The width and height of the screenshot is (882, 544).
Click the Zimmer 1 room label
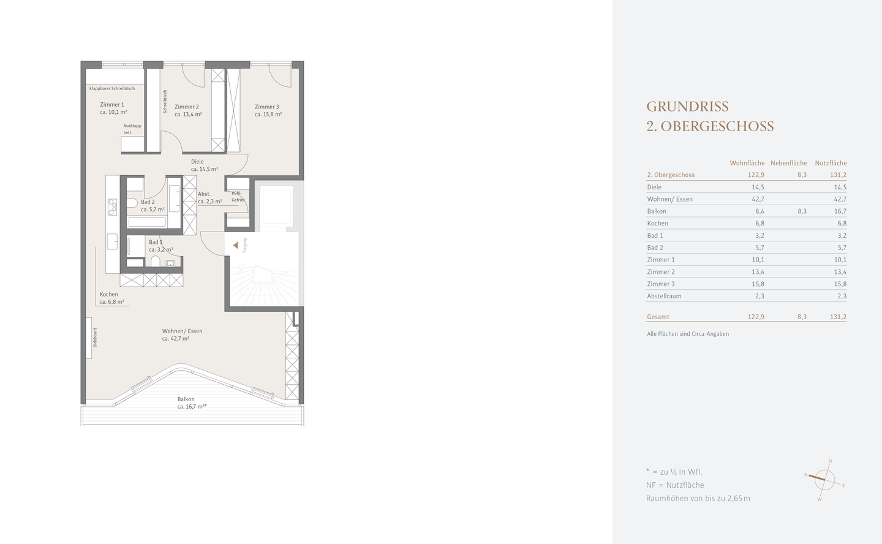coord(112,105)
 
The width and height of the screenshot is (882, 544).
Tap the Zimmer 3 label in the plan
coord(267,107)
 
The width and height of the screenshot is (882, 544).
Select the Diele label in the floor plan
coord(197,162)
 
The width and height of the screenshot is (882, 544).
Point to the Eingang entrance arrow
coord(235,245)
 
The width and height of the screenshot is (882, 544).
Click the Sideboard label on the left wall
coord(94,338)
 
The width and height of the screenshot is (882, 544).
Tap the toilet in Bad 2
coord(132,202)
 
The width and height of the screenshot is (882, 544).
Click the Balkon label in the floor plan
coord(186,399)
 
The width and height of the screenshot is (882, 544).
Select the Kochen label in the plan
coord(109,295)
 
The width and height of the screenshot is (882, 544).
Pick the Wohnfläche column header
coord(747,163)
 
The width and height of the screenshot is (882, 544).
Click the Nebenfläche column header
coord(788,163)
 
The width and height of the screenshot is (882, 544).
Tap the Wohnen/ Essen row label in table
coord(669,199)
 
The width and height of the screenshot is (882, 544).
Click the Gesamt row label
coord(658,317)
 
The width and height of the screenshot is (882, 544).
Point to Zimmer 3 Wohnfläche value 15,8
coord(758,284)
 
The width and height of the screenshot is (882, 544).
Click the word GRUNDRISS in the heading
coord(687,107)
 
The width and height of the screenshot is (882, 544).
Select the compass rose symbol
coord(824,479)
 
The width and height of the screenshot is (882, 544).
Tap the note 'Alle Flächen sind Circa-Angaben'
coord(688,334)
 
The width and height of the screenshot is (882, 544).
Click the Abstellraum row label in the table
coord(664,296)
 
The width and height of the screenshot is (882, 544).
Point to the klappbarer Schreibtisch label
coord(112,89)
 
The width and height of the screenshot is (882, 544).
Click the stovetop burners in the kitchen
coord(113,207)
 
